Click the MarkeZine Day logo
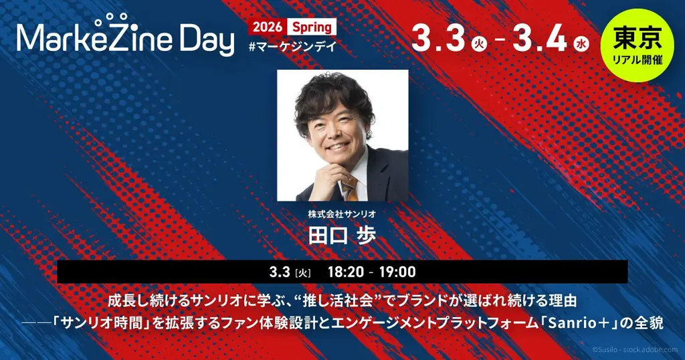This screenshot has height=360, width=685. [125, 39]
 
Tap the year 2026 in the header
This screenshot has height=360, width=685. [266, 28]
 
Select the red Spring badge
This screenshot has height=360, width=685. [311, 28]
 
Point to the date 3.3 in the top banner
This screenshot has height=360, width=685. [438, 38]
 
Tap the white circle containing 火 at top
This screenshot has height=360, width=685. [478, 45]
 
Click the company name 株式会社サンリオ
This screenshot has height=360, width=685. [342, 215]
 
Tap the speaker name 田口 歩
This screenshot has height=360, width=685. [342, 236]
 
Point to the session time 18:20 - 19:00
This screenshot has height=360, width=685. [372, 272]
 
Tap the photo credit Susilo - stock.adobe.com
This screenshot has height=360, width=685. [635, 350]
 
